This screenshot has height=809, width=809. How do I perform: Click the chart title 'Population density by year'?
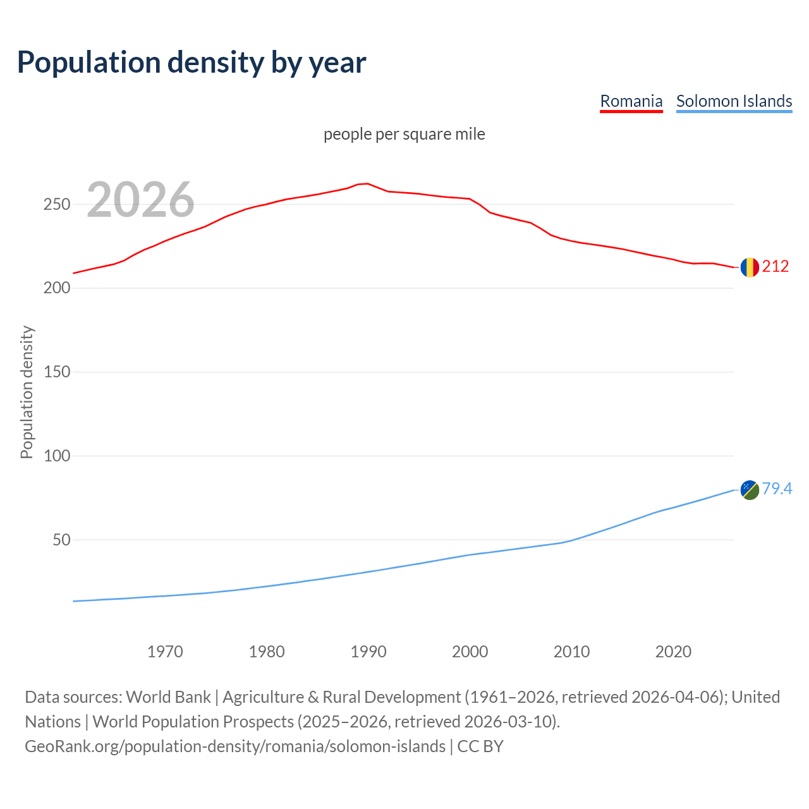coord(192,62)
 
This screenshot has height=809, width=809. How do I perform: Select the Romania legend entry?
coord(631,101)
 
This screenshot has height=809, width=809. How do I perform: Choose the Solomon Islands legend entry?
coord(734,101)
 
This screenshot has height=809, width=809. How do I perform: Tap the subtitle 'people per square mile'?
coord(404,134)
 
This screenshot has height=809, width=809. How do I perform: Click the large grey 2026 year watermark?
coord(140,200)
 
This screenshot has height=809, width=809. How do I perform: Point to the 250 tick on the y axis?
coord(56,204)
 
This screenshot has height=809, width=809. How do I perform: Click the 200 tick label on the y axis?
coord(56,288)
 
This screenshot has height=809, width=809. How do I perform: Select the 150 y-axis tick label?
coord(56,372)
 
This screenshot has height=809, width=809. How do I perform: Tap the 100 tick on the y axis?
coord(56,456)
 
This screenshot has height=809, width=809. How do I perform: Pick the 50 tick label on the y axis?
coord(61,540)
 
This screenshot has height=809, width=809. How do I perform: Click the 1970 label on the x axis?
coord(165,652)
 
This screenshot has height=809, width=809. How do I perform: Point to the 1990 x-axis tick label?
coord(368,652)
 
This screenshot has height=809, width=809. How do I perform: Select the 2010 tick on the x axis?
coord(571,652)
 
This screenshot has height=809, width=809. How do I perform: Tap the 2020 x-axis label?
coord(673,652)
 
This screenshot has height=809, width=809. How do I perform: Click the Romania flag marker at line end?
coord(750,267)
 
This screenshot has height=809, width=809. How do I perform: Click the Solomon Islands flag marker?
coord(750,489)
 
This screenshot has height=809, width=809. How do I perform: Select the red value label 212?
coord(776,267)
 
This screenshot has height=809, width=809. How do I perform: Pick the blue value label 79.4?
coord(777,489)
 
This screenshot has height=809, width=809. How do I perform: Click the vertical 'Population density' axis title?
coord(27,392)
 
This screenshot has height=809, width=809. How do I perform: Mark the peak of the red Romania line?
coord(368,183)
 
